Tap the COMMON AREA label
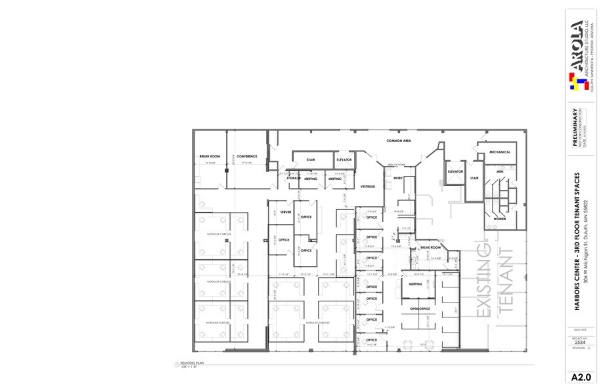point(398,141)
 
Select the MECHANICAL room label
point(499,152)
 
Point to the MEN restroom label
point(499,172)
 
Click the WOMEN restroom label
point(500,218)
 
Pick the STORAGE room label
point(293,179)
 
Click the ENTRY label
point(398,178)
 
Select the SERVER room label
point(285,212)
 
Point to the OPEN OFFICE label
point(419,309)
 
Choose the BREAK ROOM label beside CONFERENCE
point(209,157)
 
